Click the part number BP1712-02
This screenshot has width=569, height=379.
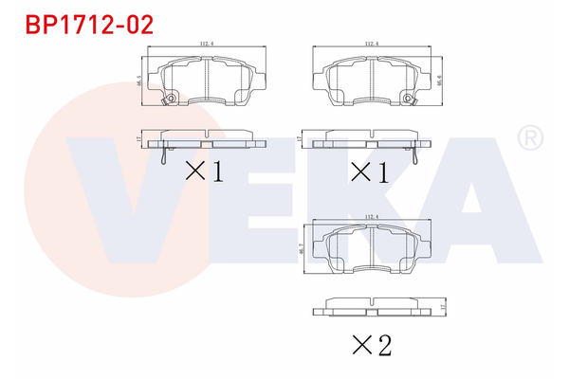(x=76, y=24)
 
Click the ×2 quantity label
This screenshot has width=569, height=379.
(x=370, y=346)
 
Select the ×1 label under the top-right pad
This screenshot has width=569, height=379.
(x=371, y=171)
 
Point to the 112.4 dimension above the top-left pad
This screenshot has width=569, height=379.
(x=206, y=43)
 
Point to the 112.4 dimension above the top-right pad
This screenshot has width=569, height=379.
(x=371, y=43)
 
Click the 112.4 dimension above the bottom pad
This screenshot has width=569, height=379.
(x=371, y=217)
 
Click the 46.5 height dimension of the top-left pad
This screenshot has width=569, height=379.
(x=139, y=81)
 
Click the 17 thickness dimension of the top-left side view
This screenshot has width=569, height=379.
(x=139, y=138)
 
